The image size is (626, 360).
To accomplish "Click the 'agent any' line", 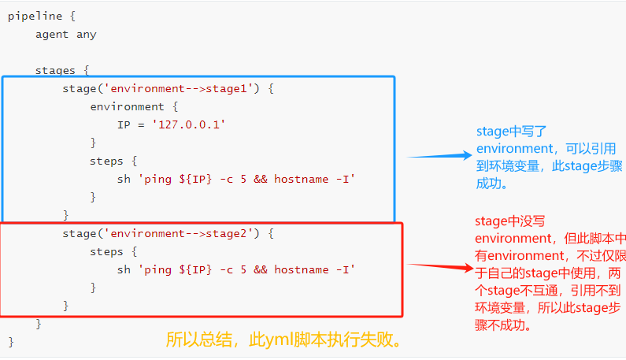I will pyautogui.click(x=66, y=35).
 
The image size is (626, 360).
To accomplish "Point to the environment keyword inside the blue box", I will pyautogui.click(x=128, y=107).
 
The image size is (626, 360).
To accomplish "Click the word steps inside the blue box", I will pyautogui.click(x=106, y=161).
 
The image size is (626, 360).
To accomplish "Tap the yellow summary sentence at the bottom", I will pyautogui.click(x=284, y=340).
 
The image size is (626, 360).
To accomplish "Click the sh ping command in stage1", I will pyautogui.click(x=236, y=180).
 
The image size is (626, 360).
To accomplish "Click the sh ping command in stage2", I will pyautogui.click(x=236, y=270).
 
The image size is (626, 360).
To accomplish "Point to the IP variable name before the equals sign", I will pyautogui.click(x=124, y=125).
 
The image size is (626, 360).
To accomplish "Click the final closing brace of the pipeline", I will pyautogui.click(x=11, y=342).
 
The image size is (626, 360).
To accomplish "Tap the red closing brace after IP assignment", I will pyautogui.click(x=93, y=143).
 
